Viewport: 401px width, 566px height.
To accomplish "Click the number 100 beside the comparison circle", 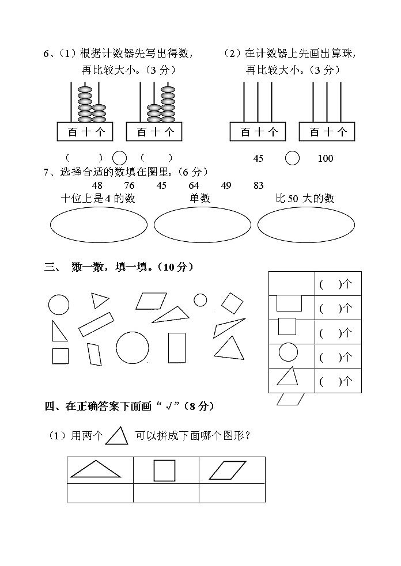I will click(x=326, y=158).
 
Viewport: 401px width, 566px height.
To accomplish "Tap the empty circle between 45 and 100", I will click(x=293, y=158).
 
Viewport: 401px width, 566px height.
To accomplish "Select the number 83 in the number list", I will click(x=258, y=185).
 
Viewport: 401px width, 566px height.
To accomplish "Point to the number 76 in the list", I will click(x=129, y=185).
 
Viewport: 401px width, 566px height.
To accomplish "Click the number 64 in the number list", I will click(x=194, y=185).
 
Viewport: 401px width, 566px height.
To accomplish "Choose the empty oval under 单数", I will click(x=200, y=225).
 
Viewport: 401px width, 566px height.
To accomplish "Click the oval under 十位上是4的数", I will click(x=97, y=225).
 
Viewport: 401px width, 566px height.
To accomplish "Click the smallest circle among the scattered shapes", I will click(x=200, y=300).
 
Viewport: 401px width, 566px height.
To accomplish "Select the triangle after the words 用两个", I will click(x=116, y=436).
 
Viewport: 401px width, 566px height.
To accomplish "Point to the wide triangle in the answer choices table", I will click(x=95, y=470).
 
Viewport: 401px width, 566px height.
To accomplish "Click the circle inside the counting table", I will click(x=288, y=352).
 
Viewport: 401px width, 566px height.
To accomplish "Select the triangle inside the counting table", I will click(x=288, y=377).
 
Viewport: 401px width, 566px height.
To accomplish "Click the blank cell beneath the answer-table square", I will click(x=166, y=493).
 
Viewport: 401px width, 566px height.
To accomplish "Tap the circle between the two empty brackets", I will click(x=119, y=158).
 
